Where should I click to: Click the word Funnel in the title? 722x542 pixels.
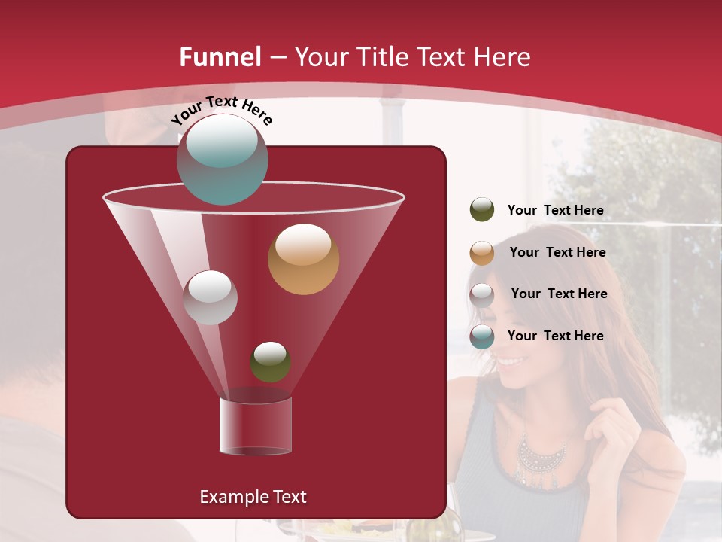[220, 57]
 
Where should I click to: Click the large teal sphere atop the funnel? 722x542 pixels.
[222, 159]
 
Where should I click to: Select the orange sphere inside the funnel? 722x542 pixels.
[303, 259]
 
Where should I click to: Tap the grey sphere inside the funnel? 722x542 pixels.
[210, 297]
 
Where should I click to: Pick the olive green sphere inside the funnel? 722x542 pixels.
[270, 362]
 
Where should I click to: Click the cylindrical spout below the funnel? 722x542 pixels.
[255, 425]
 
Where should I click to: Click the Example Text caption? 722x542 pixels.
[253, 497]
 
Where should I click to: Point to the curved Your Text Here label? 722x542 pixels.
[221, 110]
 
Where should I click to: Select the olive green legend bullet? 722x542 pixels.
[482, 210]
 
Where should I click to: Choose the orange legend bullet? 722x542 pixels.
[482, 253]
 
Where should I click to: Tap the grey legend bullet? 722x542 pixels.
[482, 294]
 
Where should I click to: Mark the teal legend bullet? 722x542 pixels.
[482, 336]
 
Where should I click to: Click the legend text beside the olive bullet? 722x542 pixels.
[555, 210]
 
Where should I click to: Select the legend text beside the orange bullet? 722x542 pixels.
[557, 252]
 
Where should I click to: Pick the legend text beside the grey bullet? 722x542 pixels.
[559, 294]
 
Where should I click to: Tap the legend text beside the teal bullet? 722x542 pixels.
[555, 336]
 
